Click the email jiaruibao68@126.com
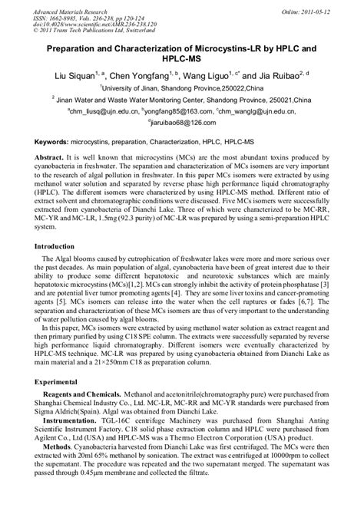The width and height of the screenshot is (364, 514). pyautogui.click(x=182, y=122)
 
